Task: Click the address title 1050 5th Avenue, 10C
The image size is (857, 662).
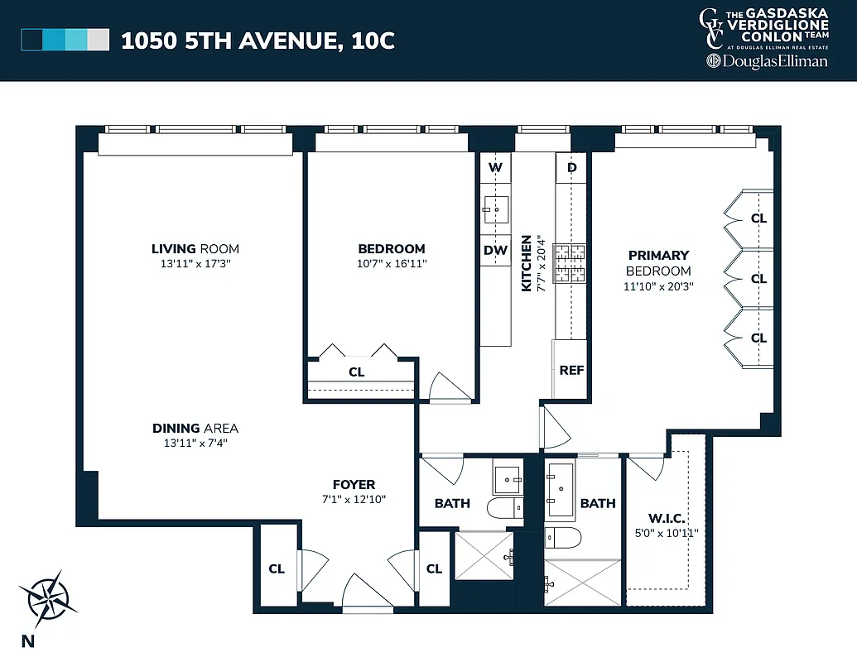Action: [258, 41]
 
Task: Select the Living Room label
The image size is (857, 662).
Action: [195, 248]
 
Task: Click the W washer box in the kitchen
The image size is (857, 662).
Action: [495, 168]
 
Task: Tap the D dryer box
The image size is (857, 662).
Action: [571, 168]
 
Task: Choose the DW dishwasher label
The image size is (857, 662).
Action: [495, 251]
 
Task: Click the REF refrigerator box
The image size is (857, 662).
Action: [571, 370]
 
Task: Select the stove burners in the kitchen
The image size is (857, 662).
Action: [570, 264]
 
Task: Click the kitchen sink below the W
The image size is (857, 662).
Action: [496, 210]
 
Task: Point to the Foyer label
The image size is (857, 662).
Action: [354, 484]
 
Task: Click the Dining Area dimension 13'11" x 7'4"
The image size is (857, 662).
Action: [195, 443]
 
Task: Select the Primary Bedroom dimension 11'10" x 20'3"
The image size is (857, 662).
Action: [658, 286]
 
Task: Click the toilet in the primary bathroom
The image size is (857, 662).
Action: [563, 537]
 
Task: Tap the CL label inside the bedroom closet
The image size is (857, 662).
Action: [356, 372]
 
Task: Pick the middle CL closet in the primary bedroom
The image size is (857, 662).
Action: [758, 279]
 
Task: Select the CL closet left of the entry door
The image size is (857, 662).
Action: [276, 568]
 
